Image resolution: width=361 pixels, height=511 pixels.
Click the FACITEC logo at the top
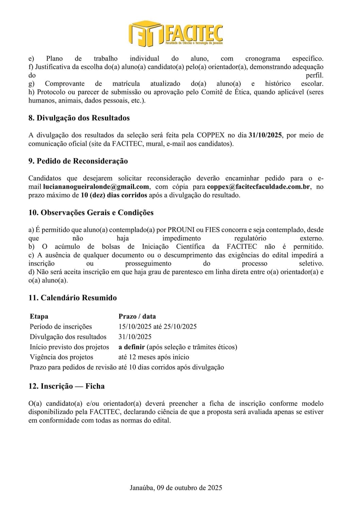coord(176,33)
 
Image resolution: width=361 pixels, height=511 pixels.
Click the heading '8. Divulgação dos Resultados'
coord(79,118)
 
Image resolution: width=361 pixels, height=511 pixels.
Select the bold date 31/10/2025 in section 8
coord(265,135)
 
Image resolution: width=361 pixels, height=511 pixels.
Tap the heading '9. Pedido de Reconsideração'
coord(78,161)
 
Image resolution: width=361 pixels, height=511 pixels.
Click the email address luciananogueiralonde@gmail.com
coord(96,187)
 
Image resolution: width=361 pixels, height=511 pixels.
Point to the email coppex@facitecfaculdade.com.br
coord(259,187)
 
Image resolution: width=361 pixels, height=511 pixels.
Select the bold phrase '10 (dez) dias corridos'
coord(114,195)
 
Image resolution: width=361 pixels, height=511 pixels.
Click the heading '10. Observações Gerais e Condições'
coord(91,213)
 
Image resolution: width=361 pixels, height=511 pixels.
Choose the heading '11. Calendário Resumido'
coord(72,298)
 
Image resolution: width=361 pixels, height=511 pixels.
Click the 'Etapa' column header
coord(39,316)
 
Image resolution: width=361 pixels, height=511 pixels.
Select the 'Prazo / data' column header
coord(137,316)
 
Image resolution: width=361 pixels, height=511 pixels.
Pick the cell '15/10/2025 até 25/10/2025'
coord(158,327)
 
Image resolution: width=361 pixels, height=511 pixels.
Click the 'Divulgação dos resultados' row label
coord(68,337)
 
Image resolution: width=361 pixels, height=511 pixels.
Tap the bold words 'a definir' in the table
coord(132,347)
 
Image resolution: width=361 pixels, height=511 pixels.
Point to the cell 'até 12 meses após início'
coord(154,357)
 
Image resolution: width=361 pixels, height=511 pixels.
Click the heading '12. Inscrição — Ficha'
coord(66,386)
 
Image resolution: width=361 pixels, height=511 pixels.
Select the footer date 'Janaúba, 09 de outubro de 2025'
coord(176,488)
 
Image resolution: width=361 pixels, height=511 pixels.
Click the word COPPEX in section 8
coord(211,135)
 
